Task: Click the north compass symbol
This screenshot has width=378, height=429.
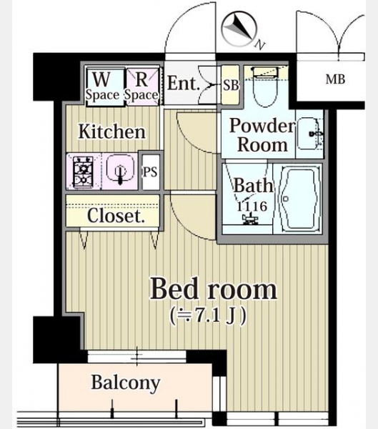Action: [x=239, y=29]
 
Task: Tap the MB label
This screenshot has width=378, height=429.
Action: [x=335, y=79]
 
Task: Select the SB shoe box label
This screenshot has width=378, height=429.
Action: [x=231, y=85]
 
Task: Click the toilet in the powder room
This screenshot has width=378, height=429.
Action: [x=265, y=87]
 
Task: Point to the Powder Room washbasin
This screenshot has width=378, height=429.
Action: [x=310, y=134]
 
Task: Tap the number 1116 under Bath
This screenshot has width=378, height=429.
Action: [x=252, y=207]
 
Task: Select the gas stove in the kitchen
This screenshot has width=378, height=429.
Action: [x=83, y=171]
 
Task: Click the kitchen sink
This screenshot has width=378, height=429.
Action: [x=120, y=169]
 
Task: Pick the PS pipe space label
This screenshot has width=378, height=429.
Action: [x=151, y=172]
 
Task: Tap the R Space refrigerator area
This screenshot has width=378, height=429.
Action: [x=142, y=86]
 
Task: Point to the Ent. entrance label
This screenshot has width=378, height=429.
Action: [x=183, y=83]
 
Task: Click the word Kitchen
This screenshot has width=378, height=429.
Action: [x=112, y=132]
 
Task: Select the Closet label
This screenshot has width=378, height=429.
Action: [x=116, y=215]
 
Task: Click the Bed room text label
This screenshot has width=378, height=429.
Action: [x=214, y=288]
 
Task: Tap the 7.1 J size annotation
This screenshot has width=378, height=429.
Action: [x=208, y=316]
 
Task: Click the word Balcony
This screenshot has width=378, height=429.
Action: [x=126, y=383]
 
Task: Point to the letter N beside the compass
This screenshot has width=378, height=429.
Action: [x=260, y=45]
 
